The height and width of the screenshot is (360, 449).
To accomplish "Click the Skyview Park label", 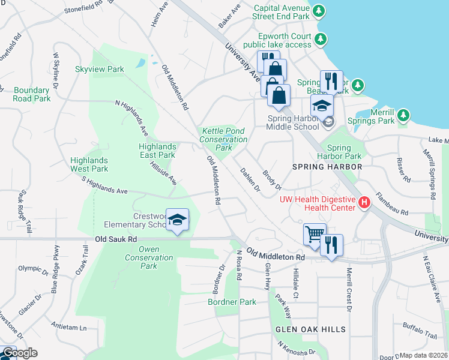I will pyautogui.click(x=99, y=69).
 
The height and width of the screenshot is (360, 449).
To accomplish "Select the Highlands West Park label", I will pyautogui.click(x=89, y=164).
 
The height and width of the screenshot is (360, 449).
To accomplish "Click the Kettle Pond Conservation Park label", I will pyautogui.click(x=223, y=139).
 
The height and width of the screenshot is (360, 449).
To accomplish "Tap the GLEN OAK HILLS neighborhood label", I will pyautogui.click(x=310, y=329).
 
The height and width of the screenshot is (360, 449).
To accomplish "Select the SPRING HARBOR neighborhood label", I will pyautogui.click(x=327, y=166).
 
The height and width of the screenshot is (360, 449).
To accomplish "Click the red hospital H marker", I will pyautogui.click(x=364, y=203).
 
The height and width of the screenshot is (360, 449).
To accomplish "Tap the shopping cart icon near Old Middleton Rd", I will pyautogui.click(x=315, y=233).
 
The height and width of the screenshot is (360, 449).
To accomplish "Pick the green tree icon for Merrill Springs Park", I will pyautogui.click(x=404, y=114).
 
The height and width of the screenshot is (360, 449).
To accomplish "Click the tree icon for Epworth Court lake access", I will pyautogui.click(x=321, y=39).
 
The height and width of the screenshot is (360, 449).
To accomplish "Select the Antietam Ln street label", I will pyautogui.click(x=69, y=328).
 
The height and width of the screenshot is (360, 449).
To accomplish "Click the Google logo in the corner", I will pyautogui.click(x=20, y=353).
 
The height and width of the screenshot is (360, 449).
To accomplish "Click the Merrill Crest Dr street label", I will pyautogui.click(x=348, y=290).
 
